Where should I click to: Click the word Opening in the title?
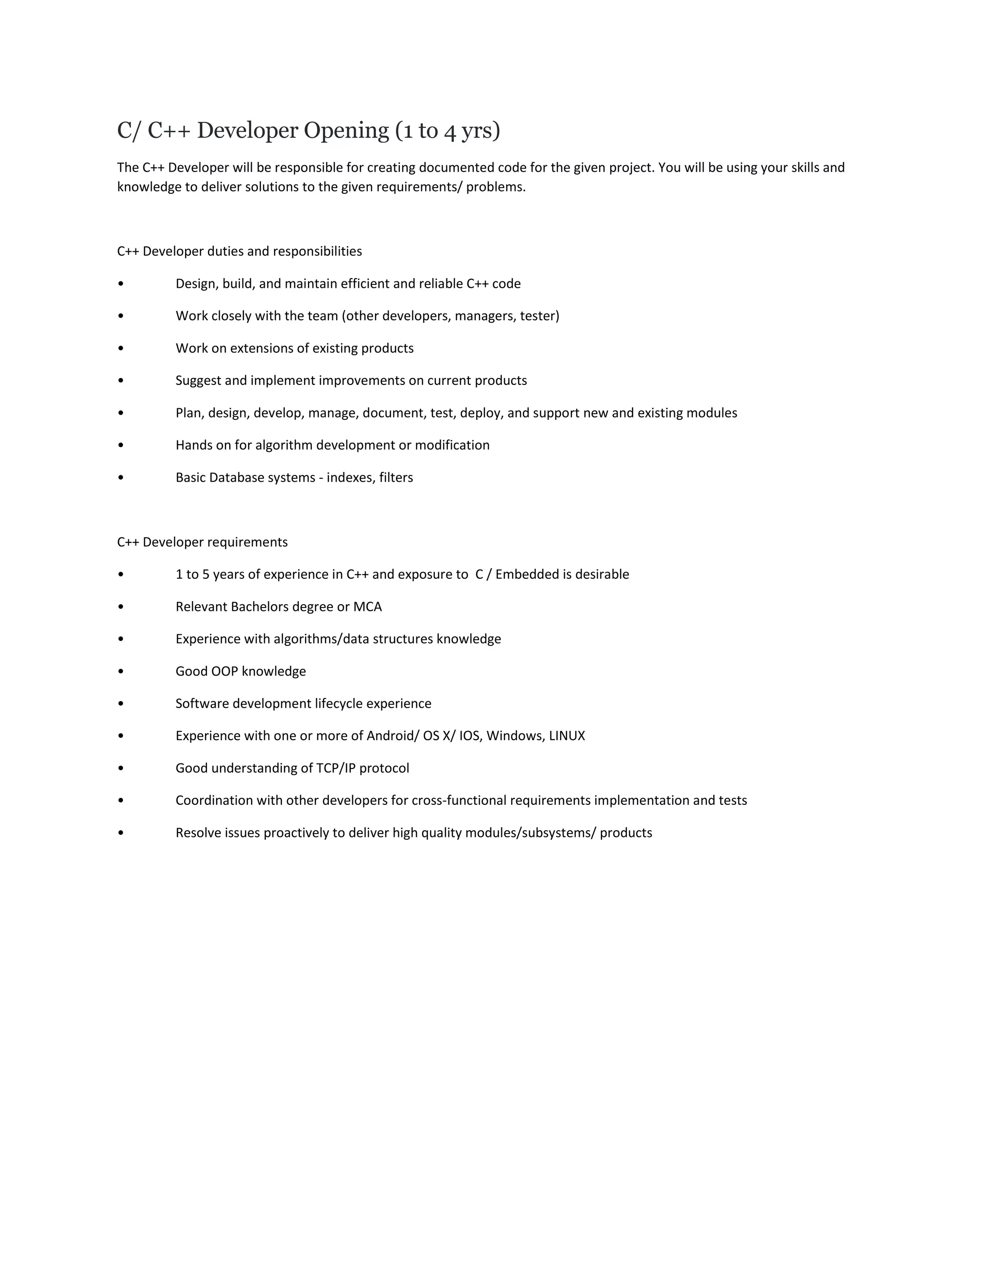(346, 130)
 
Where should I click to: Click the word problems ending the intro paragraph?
(495, 187)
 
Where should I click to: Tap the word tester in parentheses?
(538, 316)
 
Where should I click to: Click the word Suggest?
(198, 381)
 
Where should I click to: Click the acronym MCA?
(367, 607)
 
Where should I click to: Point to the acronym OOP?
(224, 671)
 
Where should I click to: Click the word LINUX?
(566, 736)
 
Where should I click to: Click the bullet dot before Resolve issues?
(121, 833)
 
